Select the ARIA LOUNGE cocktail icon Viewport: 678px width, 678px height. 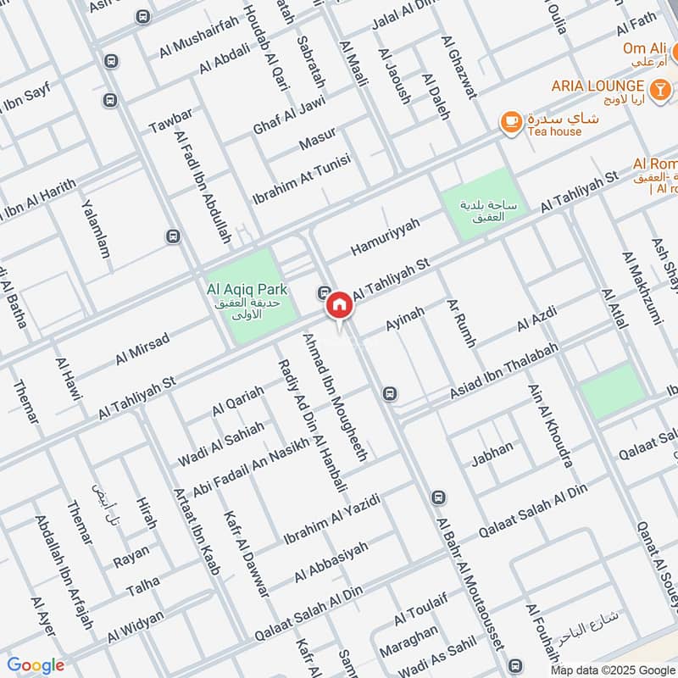pos(659,86)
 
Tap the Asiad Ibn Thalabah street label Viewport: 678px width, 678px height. pos(504,374)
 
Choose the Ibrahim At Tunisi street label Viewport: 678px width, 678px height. pos(302,180)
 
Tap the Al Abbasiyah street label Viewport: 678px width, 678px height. pos(331,563)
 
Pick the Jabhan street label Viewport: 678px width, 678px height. pos(492,454)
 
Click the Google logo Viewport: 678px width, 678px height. pos(36,665)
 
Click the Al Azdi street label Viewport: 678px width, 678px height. pos(536,324)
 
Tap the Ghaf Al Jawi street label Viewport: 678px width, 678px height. pos(289,117)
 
